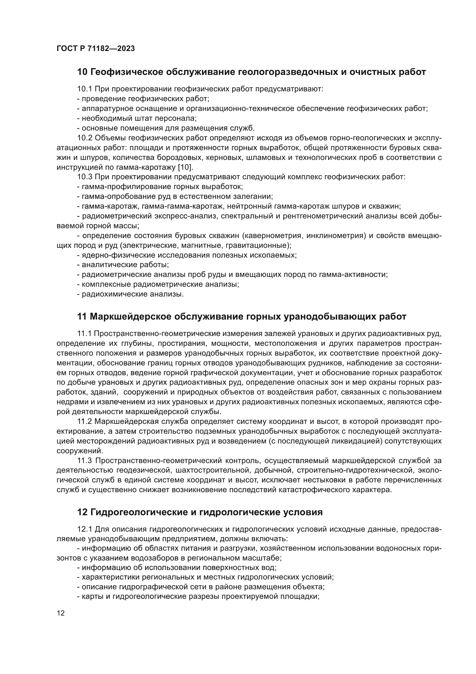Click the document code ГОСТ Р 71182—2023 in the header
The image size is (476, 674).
pos(96,49)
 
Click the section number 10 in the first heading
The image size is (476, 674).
pos(82,72)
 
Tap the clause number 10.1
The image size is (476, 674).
pos(84,89)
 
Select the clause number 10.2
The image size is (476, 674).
pos(84,138)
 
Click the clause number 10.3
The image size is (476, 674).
pos(84,177)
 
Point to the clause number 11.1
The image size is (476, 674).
pos(84,334)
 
